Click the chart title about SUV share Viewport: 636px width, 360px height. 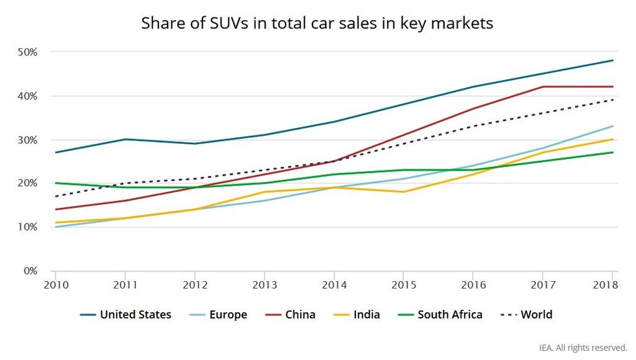tap(317, 24)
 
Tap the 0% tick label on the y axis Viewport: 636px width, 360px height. tap(30, 271)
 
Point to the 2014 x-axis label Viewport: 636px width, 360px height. tap(334, 284)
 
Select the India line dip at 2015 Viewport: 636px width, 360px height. tap(404, 192)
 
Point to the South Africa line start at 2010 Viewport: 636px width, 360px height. tap(55, 183)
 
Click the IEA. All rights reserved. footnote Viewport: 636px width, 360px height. tap(582, 348)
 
